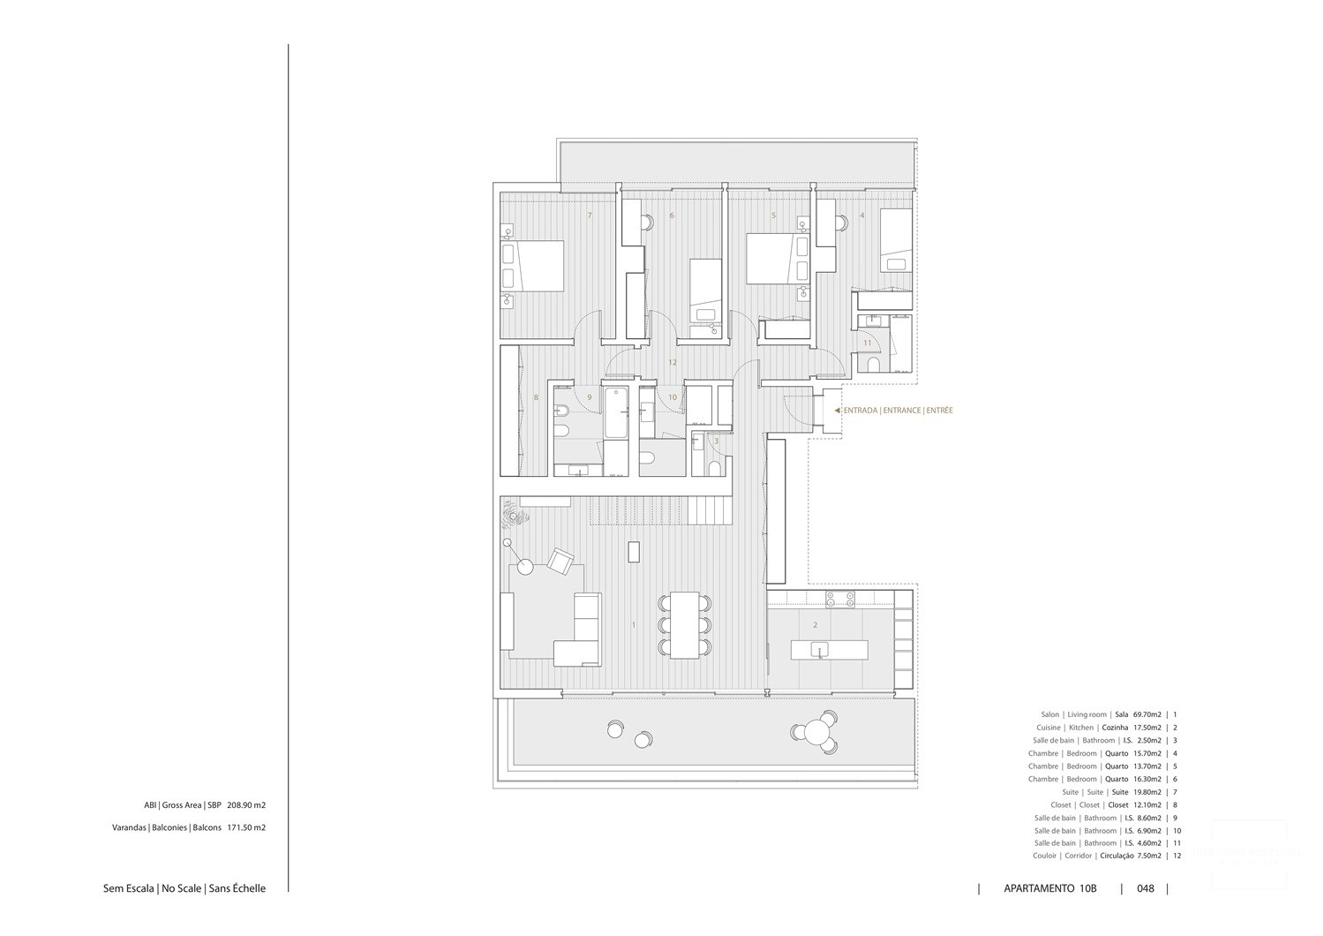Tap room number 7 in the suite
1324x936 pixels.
click(x=589, y=215)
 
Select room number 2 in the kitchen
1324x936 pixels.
click(x=815, y=625)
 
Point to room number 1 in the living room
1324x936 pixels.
click(x=634, y=625)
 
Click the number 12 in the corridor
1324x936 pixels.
click(x=673, y=362)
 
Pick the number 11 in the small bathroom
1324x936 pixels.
click(x=868, y=343)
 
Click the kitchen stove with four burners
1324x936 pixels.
click(x=839, y=599)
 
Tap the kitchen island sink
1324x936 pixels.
click(x=821, y=651)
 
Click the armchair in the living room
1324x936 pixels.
click(x=561, y=561)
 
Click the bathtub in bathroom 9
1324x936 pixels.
click(x=614, y=414)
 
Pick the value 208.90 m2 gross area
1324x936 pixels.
click(x=246, y=805)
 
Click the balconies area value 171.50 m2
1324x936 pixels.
click(x=246, y=828)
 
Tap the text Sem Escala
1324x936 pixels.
click(x=128, y=888)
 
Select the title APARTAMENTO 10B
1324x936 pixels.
click(x=1049, y=889)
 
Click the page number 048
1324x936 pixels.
click(x=1146, y=889)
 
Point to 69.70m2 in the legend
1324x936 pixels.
click(x=1147, y=715)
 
